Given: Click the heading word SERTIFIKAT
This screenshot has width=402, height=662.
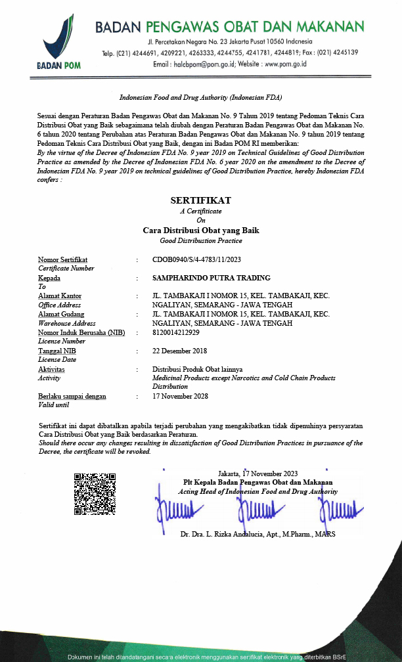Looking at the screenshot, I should point(200,200).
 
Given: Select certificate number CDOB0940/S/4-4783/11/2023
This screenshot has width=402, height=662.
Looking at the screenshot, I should point(196,259).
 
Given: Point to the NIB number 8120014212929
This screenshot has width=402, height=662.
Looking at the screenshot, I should point(176,332).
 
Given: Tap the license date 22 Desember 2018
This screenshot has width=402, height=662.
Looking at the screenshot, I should point(179,351).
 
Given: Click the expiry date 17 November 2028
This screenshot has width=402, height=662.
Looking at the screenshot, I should point(180,396).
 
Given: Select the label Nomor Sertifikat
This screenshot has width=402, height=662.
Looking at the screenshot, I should point(62,259).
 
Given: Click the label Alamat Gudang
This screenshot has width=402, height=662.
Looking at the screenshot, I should point(60,315).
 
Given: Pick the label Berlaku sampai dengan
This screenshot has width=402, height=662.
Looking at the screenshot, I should point(72,396).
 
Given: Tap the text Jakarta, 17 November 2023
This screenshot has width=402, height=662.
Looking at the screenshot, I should point(257,473).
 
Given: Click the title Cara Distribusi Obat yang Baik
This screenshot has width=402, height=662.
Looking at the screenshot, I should point(201,231).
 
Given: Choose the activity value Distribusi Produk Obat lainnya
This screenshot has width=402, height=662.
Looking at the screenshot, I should point(197,369).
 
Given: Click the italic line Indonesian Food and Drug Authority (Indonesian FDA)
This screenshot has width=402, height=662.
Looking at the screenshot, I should point(200,97).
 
